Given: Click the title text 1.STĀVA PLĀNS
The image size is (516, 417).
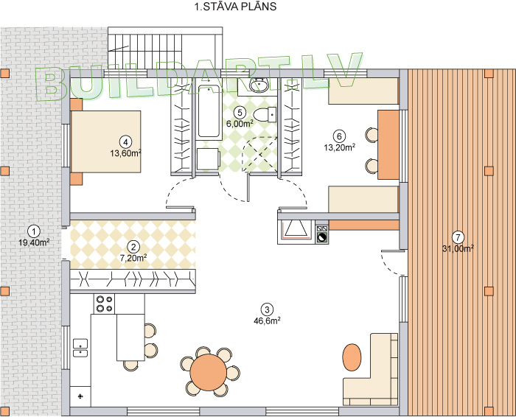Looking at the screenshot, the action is click(x=235, y=7).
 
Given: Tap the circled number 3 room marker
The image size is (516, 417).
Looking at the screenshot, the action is click(x=267, y=309).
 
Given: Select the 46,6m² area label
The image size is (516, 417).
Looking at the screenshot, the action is click(x=267, y=320).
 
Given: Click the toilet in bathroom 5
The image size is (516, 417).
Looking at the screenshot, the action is click(x=265, y=114).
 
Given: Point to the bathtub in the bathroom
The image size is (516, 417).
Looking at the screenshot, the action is click(x=209, y=111).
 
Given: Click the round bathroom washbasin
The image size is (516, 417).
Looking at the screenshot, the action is click(x=259, y=86).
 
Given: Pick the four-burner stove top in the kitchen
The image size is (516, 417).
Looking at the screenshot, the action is click(x=105, y=304).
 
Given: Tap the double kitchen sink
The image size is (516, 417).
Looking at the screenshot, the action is click(x=80, y=348).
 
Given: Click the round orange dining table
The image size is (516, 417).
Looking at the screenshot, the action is click(x=209, y=372).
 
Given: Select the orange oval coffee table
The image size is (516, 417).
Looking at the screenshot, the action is click(x=352, y=357).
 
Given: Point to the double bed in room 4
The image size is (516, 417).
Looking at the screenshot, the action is click(x=106, y=141).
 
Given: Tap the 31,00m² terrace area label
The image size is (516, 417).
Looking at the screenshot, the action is click(x=458, y=248).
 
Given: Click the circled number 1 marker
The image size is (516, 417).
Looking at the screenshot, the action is click(x=34, y=231).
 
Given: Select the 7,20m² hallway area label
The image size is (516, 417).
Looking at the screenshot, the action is click(x=133, y=258).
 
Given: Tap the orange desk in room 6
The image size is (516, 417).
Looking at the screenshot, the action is click(x=388, y=144).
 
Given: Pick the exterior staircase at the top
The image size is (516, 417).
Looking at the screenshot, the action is click(x=165, y=49).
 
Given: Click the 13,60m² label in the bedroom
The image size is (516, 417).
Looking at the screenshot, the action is click(x=126, y=153).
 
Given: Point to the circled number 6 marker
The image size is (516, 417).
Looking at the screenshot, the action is click(x=339, y=136).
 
